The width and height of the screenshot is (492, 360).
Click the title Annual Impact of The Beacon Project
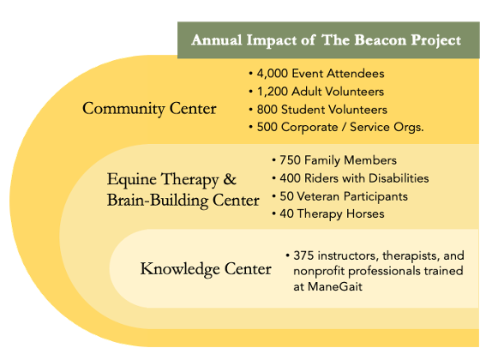(327, 40)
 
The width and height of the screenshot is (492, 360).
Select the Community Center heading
(149, 109)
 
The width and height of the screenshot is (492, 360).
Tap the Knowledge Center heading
(206, 270)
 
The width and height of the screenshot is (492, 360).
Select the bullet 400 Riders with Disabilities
(350, 178)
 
